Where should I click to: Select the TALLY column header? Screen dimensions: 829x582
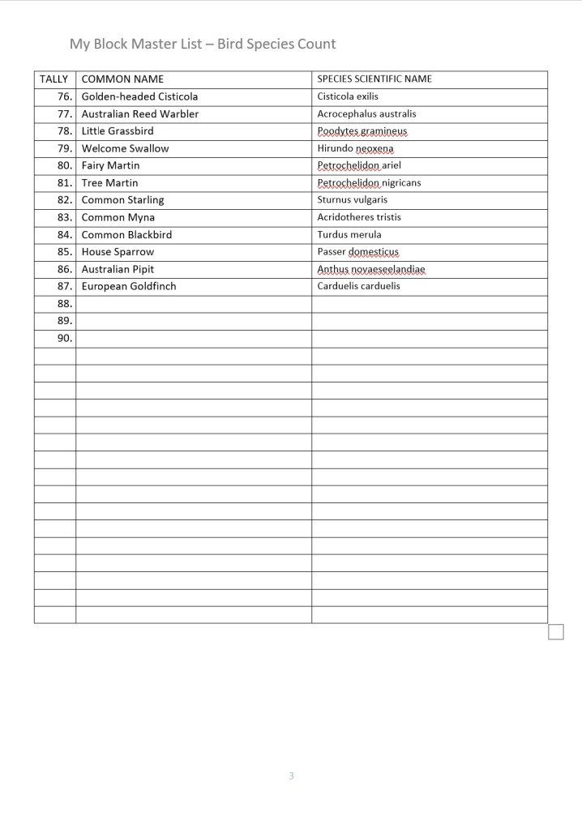54,79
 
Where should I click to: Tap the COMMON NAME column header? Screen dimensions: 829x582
122,79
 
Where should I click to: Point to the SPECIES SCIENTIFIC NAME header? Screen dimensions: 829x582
374,79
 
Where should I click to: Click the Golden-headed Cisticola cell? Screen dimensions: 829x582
139,96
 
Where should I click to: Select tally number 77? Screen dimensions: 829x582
65,114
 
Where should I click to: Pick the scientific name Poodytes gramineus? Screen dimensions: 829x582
362,131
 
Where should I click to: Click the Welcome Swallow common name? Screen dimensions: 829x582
125,148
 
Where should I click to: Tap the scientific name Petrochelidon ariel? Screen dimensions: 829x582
359,165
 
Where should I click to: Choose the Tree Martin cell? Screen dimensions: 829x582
109,183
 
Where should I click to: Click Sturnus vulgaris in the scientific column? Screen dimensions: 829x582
352,200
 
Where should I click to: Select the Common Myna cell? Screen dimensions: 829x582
118,217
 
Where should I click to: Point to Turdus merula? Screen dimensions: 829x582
349,235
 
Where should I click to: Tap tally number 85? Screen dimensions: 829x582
65,252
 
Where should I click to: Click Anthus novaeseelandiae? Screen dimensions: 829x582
371,269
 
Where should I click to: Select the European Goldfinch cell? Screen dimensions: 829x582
128,286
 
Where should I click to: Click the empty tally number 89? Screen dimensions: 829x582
65,321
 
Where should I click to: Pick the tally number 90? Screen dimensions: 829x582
65,338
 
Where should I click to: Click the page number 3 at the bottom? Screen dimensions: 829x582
291,776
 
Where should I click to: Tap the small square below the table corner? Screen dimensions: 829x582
556,631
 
